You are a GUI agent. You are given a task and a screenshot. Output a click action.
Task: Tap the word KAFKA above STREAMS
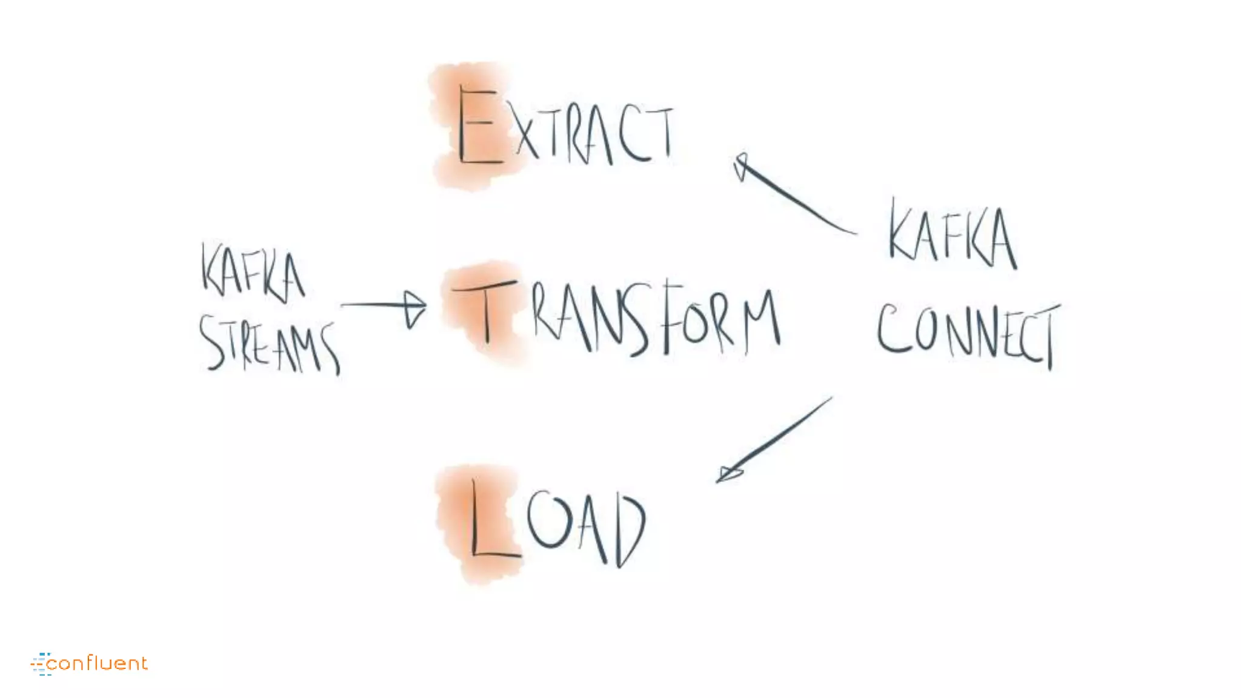pyautogui.click(x=253, y=273)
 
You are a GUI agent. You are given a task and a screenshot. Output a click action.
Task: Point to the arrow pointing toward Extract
pyautogui.click(x=794, y=197)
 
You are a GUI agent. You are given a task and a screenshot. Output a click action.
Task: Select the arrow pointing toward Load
pyautogui.click(x=776, y=439)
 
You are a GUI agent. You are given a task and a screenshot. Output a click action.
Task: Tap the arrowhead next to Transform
pyautogui.click(x=415, y=309)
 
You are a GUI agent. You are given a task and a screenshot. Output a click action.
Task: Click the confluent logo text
pyautogui.click(x=97, y=663)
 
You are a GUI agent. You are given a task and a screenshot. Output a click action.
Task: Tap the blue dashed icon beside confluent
pyautogui.click(x=41, y=664)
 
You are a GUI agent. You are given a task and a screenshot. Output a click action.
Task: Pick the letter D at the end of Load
pyautogui.click(x=630, y=530)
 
